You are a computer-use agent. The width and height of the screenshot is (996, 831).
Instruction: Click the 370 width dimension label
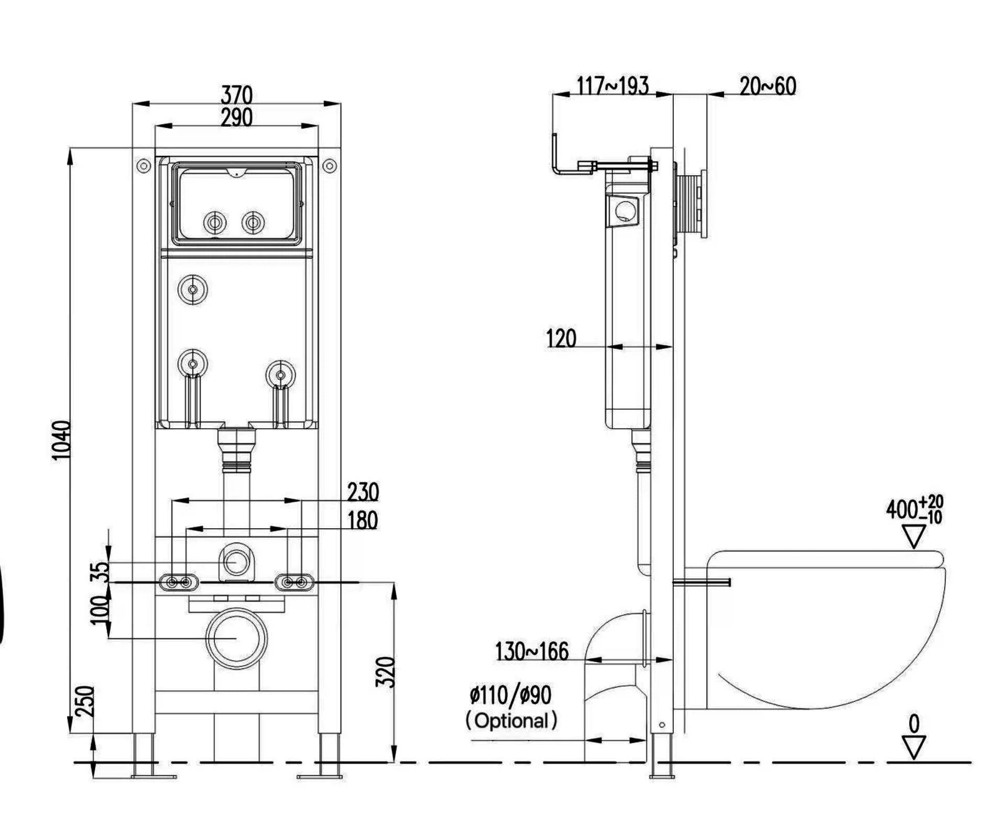point(236,95)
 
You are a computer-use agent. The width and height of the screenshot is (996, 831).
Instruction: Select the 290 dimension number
point(236,117)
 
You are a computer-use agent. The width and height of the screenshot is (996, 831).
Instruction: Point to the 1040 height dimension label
point(62,440)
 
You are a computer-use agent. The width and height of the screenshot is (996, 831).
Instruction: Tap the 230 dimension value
point(363,492)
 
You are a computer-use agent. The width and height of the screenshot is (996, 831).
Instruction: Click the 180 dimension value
point(363,520)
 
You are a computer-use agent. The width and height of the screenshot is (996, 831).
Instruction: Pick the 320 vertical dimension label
point(386,672)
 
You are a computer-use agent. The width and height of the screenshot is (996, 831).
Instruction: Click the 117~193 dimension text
point(613,86)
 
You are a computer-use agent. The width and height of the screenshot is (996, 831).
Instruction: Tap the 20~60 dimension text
point(767,86)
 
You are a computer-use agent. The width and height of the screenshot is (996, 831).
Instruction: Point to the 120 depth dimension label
point(561,338)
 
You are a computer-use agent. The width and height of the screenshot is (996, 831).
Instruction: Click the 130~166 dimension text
point(531,652)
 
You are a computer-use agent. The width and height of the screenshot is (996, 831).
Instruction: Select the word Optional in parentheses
point(511,721)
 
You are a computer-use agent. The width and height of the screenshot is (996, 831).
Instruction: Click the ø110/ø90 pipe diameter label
point(510,695)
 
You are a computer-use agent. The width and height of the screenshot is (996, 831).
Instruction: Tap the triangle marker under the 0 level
point(914,747)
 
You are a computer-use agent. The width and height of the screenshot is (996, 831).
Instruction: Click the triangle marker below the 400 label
point(914,537)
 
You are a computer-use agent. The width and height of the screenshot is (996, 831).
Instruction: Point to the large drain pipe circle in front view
point(236,638)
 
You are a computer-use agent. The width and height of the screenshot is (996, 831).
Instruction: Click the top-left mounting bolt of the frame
point(143,166)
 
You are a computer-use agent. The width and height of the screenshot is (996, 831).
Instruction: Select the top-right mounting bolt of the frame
point(330,166)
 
